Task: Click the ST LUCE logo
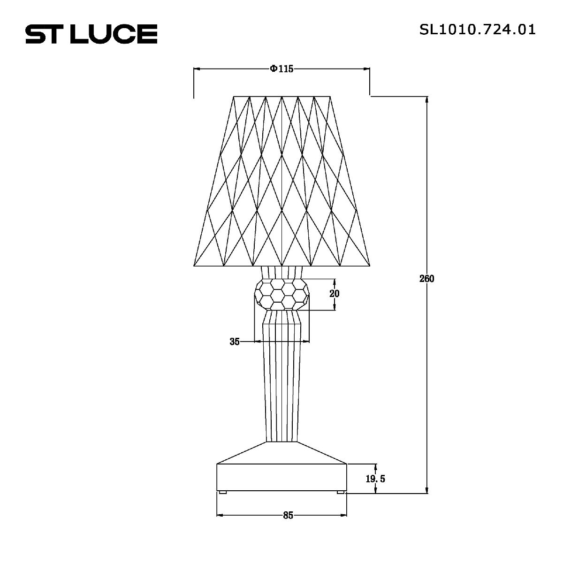click(91, 34)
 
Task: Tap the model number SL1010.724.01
click(477, 30)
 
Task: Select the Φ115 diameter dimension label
click(281, 69)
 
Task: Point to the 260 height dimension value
click(426, 279)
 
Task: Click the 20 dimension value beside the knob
click(334, 294)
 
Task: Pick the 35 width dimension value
click(235, 342)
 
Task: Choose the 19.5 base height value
click(375, 479)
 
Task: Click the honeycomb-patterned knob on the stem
click(281, 294)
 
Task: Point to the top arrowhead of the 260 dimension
click(426, 100)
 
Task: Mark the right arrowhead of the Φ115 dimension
click(367, 69)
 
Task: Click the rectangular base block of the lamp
click(281, 478)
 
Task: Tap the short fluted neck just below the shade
click(281, 273)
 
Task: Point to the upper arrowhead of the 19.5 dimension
click(375, 467)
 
